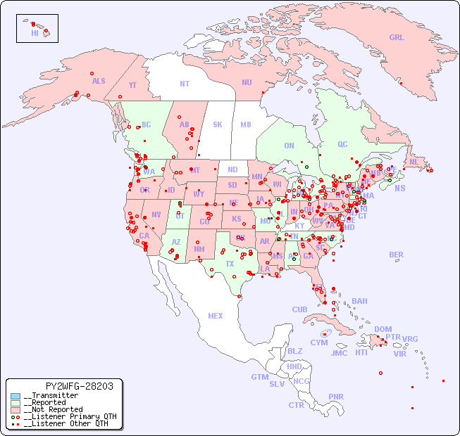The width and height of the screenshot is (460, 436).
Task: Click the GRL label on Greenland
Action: pyautogui.click(x=397, y=37)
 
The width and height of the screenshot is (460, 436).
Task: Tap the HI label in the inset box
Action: pyautogui.click(x=35, y=33)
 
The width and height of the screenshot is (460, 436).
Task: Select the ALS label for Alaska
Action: pyautogui.click(x=99, y=81)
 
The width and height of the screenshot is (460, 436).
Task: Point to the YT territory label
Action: pyautogui.click(x=132, y=85)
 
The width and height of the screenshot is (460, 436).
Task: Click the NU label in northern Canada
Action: pyautogui.click(x=247, y=82)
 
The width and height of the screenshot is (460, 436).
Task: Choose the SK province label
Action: pyautogui.click(x=218, y=124)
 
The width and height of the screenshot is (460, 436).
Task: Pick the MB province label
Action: pyautogui.click(x=245, y=124)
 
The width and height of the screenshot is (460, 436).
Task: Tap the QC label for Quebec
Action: pyautogui.click(x=342, y=144)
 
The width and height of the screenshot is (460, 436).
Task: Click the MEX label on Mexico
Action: pyautogui.click(x=216, y=316)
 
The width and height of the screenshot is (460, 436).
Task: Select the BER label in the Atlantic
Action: pyautogui.click(x=397, y=255)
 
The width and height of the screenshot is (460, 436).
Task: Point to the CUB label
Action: pyautogui.click(x=299, y=309)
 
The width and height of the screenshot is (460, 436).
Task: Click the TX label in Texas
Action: pyautogui.click(x=230, y=264)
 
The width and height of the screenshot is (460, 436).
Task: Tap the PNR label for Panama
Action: pyautogui.click(x=336, y=397)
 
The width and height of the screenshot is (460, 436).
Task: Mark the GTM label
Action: pyautogui.click(x=259, y=377)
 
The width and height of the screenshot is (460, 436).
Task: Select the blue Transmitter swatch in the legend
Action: pyautogui.click(x=15, y=396)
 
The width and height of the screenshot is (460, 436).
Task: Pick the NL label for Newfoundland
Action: pyautogui.click(x=414, y=161)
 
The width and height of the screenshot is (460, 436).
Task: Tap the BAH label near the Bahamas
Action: pyautogui.click(x=359, y=301)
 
